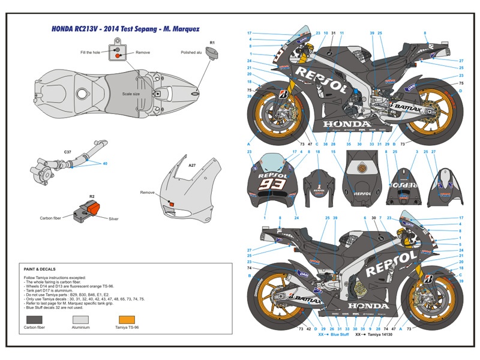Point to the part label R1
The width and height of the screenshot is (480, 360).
tap(212, 43)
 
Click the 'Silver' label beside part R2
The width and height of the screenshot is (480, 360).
tap(113, 219)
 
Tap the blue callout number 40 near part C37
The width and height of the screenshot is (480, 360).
tap(104, 164)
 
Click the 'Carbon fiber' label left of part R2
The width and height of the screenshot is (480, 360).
tap(52, 219)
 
